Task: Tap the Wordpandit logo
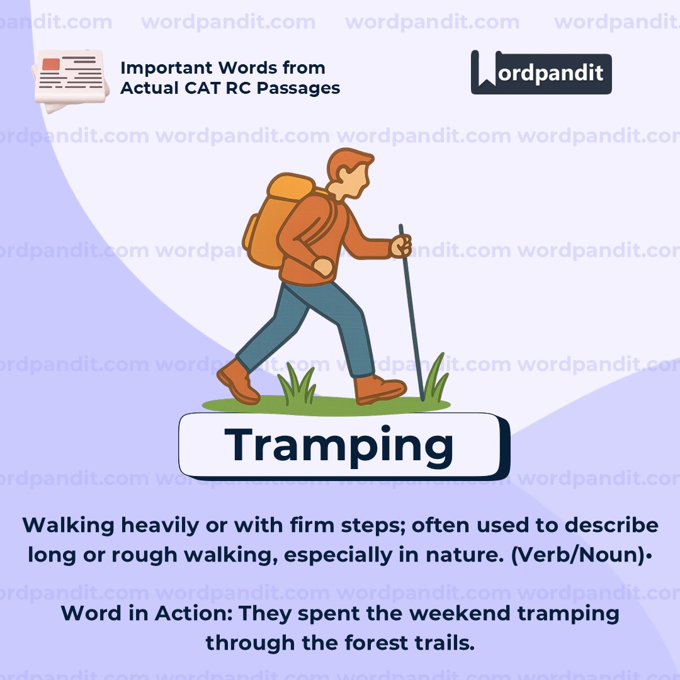point(541,73)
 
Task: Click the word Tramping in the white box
point(339,445)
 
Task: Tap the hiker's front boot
point(378,388)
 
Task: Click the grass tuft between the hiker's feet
point(297,385)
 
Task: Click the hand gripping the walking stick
point(401,246)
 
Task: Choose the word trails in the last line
point(448,643)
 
